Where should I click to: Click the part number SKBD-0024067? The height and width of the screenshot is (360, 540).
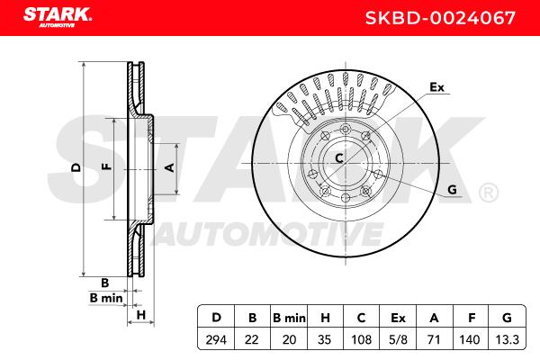coord(440,18)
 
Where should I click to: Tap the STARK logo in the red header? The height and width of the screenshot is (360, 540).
coord(58,17)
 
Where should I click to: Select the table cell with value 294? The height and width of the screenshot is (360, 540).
coord(216,339)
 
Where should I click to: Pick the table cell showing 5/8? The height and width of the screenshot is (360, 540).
coord(398,339)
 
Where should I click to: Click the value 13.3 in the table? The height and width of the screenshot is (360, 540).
coord(507,339)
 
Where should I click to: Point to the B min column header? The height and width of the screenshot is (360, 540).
coord(289,318)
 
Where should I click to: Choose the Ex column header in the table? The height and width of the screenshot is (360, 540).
coord(398,318)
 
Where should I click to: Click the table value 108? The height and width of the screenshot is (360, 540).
coord(361,339)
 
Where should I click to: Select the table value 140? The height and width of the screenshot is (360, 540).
coord(470,339)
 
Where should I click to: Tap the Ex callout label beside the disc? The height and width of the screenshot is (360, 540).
coord(436,87)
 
